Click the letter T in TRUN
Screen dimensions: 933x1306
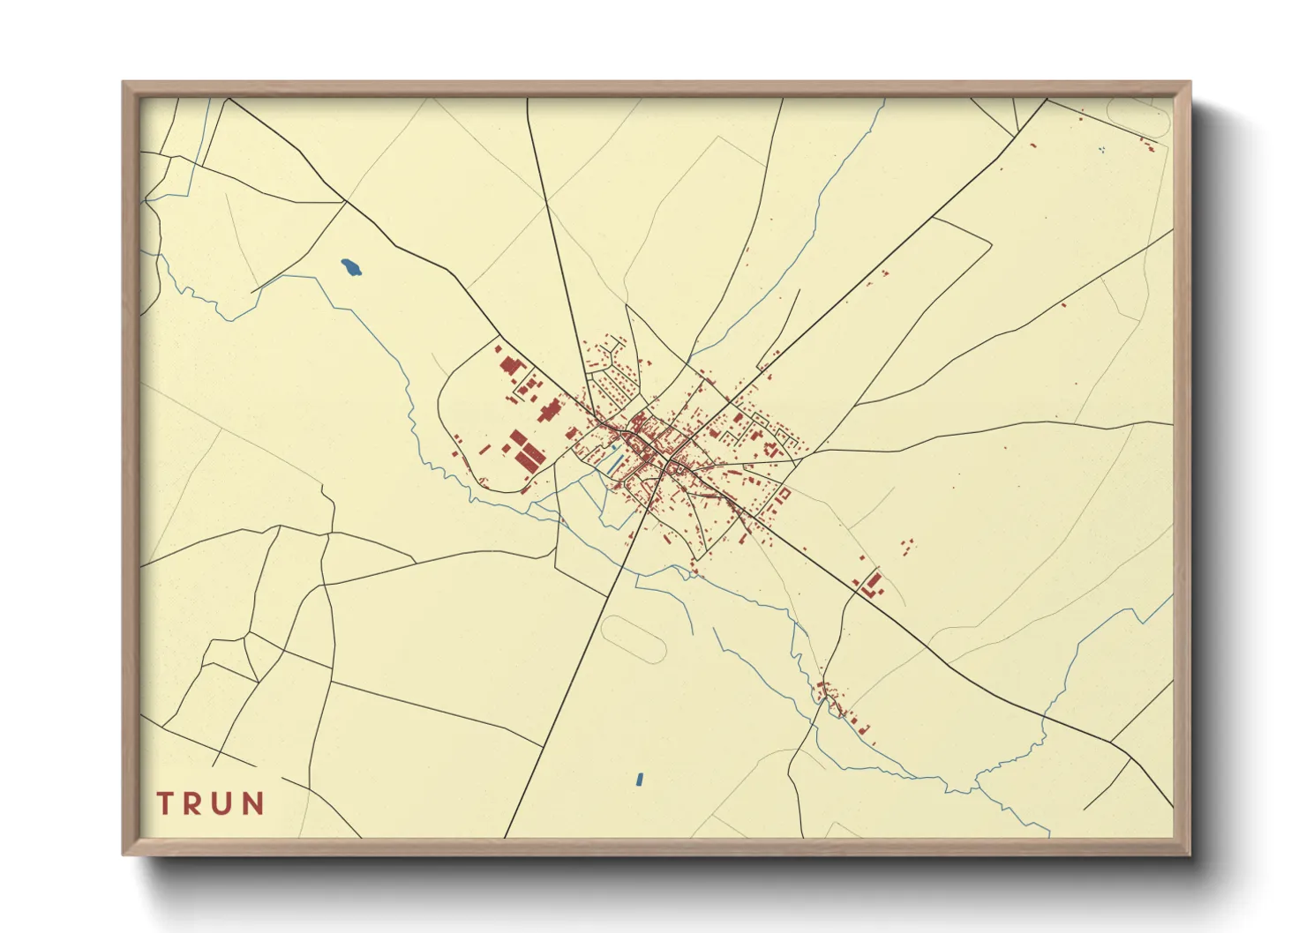click(x=165, y=803)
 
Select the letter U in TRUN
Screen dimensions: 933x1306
click(x=224, y=803)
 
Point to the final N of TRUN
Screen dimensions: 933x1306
click(x=253, y=803)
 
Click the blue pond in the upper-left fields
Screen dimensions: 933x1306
click(x=351, y=266)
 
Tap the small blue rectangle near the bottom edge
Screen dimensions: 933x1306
click(x=640, y=779)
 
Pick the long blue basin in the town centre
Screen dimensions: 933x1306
click(x=612, y=459)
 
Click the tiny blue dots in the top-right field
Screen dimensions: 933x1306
click(x=1101, y=149)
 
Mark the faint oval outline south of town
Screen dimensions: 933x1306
click(x=633, y=639)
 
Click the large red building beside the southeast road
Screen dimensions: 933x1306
click(x=873, y=583)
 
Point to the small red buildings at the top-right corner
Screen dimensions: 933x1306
click(x=1146, y=142)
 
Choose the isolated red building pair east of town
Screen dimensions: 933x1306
click(x=908, y=547)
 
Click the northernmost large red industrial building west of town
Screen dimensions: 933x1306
click(x=509, y=365)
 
